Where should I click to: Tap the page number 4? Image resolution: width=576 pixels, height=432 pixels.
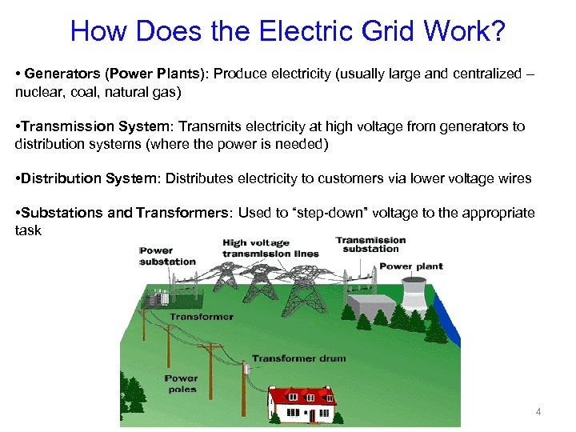point(538,412)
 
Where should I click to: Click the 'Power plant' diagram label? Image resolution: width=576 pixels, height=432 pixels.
point(410,266)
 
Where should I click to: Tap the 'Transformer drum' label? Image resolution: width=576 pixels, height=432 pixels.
point(298,358)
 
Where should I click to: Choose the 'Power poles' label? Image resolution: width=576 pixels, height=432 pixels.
point(182,384)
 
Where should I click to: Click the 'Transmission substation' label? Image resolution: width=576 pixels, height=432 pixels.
point(370,244)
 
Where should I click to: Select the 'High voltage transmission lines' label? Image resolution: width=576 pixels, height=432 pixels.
point(270,249)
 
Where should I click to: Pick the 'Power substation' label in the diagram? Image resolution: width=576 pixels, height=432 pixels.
point(167,256)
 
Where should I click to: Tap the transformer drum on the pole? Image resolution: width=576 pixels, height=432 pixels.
point(247,370)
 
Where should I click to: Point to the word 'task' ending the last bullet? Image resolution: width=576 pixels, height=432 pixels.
point(27,230)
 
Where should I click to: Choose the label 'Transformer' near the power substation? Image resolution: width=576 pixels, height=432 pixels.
point(202,316)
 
